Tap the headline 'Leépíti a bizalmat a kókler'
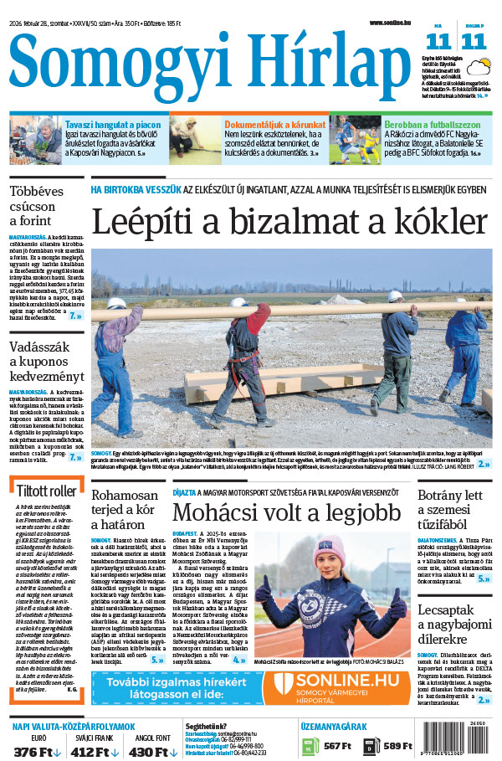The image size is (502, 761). click(x=289, y=222)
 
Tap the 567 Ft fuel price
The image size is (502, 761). click(x=337, y=745)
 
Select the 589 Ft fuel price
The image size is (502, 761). click(x=397, y=745)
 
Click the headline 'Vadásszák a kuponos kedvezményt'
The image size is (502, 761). click(x=46, y=363)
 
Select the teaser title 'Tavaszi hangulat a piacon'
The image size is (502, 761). click(x=112, y=124)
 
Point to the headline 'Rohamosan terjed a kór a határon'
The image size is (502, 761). click(x=125, y=510)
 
